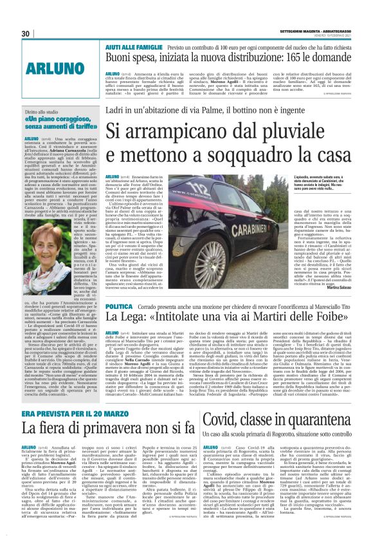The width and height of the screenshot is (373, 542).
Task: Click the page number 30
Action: coord(26,33)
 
